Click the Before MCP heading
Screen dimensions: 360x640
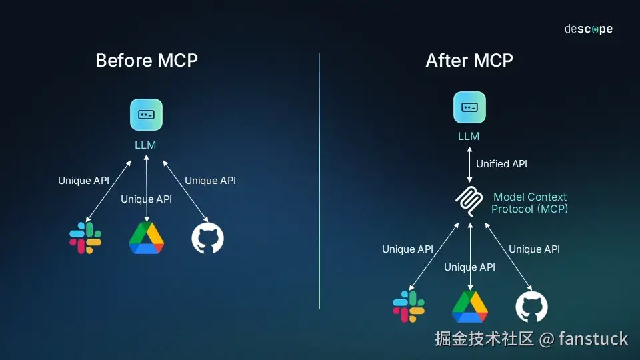(147, 61)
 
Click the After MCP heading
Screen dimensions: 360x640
(469, 61)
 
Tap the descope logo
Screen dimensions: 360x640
(588, 29)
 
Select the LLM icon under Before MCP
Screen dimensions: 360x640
(146, 115)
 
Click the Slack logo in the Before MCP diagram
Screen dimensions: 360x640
(85, 239)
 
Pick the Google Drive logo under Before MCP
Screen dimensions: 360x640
(146, 238)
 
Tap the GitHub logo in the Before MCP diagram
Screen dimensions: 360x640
(207, 239)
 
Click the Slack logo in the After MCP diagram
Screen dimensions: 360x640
(409, 307)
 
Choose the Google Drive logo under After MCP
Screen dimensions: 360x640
(470, 307)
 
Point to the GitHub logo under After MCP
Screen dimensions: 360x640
(531, 307)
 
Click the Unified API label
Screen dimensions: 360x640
(501, 164)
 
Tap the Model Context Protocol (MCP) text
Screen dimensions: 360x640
(529, 203)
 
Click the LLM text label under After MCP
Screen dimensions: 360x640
(469, 137)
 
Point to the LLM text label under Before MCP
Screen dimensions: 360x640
(145, 144)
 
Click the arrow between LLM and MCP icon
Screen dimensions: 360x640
(469, 164)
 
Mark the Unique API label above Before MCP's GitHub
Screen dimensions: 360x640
(210, 181)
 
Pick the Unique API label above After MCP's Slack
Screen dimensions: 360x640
(407, 249)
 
